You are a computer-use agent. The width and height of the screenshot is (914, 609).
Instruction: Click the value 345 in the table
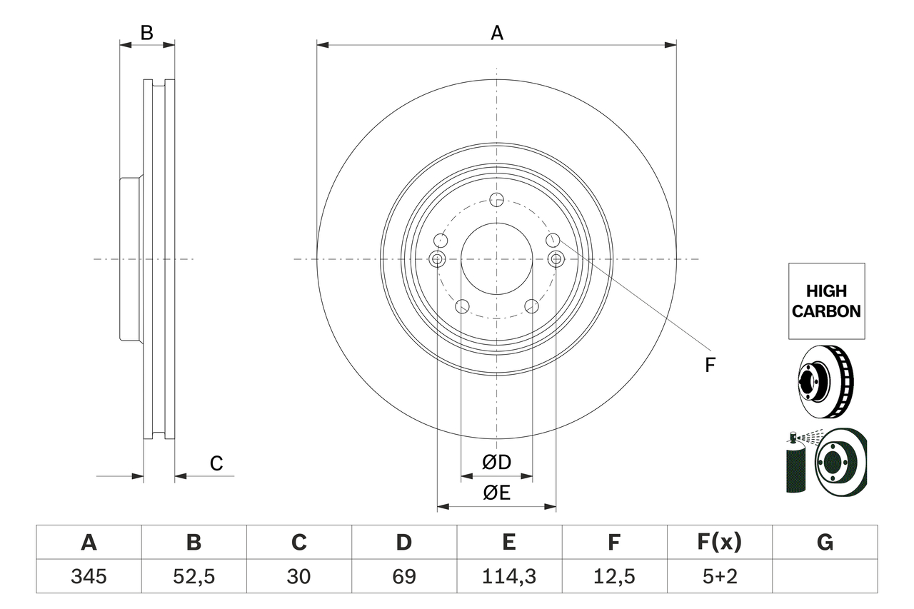[89, 576]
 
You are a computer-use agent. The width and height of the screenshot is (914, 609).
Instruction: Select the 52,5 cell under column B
[194, 576]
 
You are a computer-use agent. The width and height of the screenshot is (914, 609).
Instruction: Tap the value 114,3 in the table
[508, 576]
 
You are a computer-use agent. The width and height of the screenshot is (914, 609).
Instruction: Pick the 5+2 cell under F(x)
[719, 576]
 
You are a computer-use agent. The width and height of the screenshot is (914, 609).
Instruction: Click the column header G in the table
[825, 543]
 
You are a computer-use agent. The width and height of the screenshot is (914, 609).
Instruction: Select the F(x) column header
[719, 543]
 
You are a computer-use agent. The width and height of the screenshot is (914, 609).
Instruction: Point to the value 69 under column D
[403, 576]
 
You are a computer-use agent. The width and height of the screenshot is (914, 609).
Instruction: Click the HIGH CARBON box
[826, 301]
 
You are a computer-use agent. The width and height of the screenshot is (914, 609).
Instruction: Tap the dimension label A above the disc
[496, 32]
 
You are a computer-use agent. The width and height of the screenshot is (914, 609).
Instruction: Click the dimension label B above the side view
[146, 32]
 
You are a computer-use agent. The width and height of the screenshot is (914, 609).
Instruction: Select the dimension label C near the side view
[216, 463]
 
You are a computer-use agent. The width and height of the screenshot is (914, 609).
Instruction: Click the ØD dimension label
[497, 463]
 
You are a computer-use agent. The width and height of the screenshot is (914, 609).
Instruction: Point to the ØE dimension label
[497, 493]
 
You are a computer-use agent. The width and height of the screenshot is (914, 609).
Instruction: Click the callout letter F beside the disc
[710, 366]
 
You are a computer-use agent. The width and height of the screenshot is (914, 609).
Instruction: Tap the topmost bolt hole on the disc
[497, 199]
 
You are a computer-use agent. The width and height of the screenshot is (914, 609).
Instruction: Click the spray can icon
[795, 463]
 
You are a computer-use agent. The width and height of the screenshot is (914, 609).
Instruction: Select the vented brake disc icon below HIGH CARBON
[825, 382]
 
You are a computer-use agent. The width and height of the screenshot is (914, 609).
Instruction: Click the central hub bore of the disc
[497, 259]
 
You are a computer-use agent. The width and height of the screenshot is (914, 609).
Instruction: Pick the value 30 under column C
[298, 576]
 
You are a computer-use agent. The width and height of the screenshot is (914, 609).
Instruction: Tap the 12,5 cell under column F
[614, 576]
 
